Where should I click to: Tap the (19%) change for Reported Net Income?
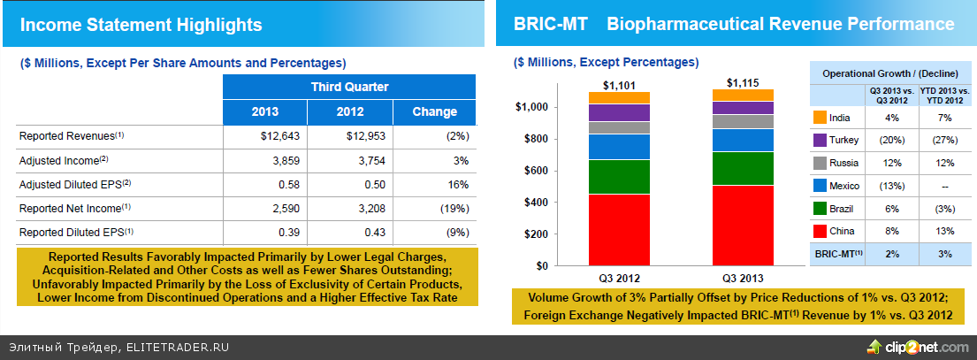[x=452, y=208]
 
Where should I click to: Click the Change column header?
[x=435, y=111]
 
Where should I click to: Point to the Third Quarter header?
[x=349, y=87]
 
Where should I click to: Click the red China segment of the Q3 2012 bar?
[x=619, y=229]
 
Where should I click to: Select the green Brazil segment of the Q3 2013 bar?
[x=743, y=168]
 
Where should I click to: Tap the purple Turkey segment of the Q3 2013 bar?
[x=743, y=108]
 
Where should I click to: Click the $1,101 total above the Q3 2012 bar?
[x=619, y=85]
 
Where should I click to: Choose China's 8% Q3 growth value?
[x=891, y=231]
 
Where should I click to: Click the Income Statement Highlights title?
[x=141, y=26]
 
